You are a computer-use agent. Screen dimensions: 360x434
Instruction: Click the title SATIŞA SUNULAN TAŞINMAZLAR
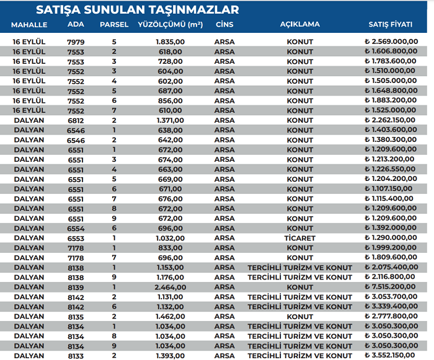click(137, 10)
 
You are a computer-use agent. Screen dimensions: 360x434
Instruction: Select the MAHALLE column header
click(29, 25)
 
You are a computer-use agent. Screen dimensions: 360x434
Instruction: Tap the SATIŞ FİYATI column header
click(391, 25)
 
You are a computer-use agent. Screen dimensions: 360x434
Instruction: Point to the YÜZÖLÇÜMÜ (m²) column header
click(169, 25)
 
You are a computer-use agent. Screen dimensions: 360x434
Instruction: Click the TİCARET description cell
click(300, 238)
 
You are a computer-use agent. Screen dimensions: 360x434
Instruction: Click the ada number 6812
click(75, 120)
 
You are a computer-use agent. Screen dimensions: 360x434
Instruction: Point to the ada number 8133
click(75, 356)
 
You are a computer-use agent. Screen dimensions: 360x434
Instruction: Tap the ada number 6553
click(75, 238)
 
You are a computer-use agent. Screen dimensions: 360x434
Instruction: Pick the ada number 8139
click(75, 287)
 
